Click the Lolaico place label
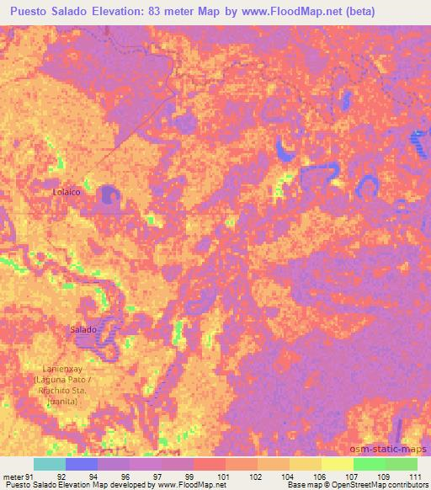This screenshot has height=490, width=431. click(67, 193)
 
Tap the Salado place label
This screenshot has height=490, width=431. click(83, 330)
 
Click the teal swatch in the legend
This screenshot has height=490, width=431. click(50, 464)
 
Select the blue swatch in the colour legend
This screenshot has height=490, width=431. click(82, 464)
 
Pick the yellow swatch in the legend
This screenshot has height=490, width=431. click(338, 464)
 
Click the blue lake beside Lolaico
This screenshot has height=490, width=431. click(109, 195)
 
